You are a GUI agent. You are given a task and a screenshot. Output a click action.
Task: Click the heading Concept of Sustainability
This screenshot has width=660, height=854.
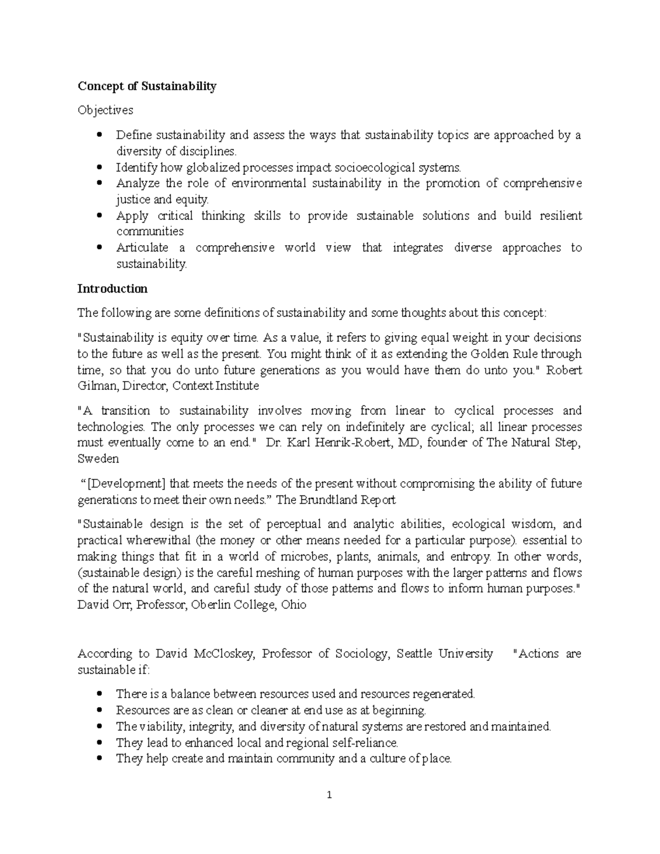coord(147,86)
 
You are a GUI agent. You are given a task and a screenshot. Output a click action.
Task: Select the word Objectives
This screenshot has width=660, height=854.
coord(105,111)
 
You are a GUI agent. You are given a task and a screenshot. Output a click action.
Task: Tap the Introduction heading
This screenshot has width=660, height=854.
coord(112,289)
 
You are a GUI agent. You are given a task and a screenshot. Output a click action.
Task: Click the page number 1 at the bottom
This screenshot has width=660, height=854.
coord(329,795)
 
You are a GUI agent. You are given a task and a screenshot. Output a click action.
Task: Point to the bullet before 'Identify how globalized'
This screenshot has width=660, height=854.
coord(99,167)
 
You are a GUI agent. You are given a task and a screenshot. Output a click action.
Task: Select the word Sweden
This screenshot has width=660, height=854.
coord(98,459)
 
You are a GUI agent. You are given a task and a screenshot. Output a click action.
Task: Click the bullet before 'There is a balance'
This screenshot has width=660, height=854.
coord(99,694)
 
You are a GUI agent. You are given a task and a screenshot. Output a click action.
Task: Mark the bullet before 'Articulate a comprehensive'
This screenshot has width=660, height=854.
coord(99,248)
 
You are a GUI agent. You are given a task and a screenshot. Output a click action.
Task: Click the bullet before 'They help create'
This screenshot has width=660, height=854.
coord(99,759)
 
